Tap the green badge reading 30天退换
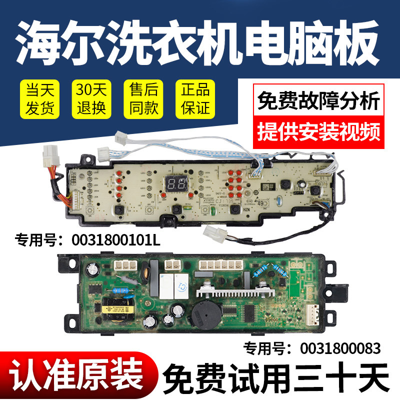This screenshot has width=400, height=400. tap(89, 98)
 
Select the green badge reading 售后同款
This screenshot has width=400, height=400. tap(140, 98)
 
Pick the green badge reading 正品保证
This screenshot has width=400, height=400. tap(192, 98)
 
